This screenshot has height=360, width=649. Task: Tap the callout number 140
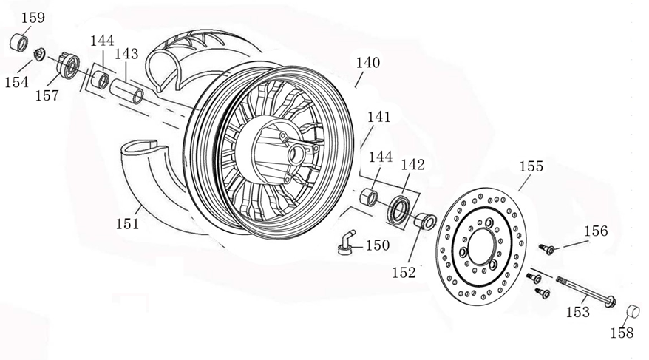pyautogui.click(x=367, y=64)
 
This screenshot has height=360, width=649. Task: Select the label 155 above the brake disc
pyautogui.click(x=530, y=166)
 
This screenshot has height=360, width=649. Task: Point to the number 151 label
pyautogui.click(x=127, y=223)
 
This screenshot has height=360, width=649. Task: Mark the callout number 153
pyautogui.click(x=577, y=313)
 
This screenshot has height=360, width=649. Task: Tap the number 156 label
pyautogui.click(x=595, y=231)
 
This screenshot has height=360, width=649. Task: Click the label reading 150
pyautogui.click(x=377, y=245)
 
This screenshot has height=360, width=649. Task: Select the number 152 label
pyautogui.click(x=404, y=273)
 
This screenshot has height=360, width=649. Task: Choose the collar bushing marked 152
pyautogui.click(x=424, y=220)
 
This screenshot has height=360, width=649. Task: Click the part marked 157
pyautogui.click(x=67, y=67)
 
